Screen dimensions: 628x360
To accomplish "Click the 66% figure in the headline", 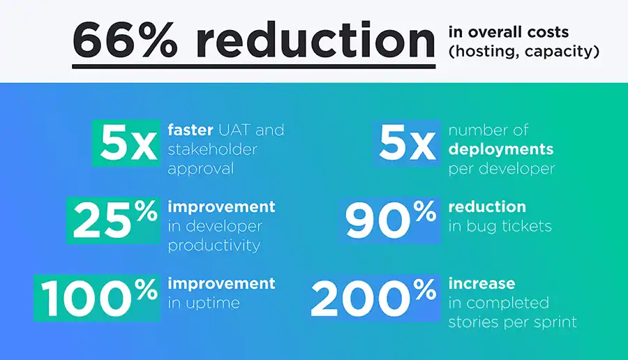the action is pyautogui.click(x=125, y=40).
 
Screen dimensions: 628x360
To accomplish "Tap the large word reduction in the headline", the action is pyautogui.click(x=315, y=40).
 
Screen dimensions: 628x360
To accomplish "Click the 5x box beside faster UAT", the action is pyautogui.click(x=126, y=143).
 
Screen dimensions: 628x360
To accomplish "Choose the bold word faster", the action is pyautogui.click(x=190, y=130).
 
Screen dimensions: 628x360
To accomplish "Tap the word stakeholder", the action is pyautogui.click(x=212, y=149).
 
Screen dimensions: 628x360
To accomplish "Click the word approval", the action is pyautogui.click(x=201, y=169).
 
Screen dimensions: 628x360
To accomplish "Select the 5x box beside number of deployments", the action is pyautogui.click(x=406, y=143).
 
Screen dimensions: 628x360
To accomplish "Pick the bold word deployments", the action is pyautogui.click(x=500, y=149).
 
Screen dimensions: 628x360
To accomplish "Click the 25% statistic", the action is pyautogui.click(x=113, y=220).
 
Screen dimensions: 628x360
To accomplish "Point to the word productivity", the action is pyautogui.click(x=214, y=246).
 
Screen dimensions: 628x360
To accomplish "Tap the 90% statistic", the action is pyautogui.click(x=389, y=220).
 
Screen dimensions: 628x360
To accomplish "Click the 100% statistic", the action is pyautogui.click(x=97, y=298).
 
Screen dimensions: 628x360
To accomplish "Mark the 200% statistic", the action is pyautogui.click(x=375, y=298).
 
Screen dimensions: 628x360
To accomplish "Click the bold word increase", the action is pyautogui.click(x=481, y=283).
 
